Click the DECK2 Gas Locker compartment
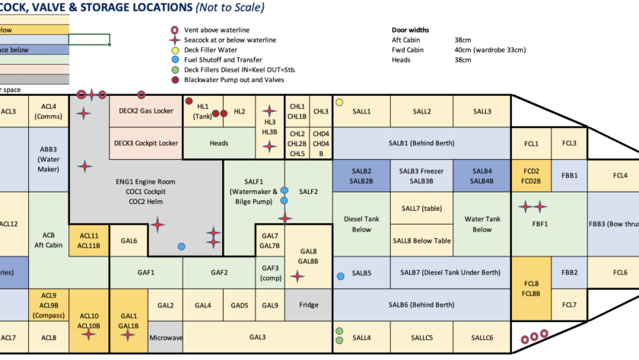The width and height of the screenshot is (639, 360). (147, 111)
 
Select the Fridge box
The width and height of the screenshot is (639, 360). (309, 305)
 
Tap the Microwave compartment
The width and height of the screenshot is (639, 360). (165, 337)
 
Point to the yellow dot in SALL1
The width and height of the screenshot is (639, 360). (339, 102)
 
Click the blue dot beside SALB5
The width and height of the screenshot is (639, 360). (341, 275)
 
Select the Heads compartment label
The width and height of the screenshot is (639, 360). (219, 142)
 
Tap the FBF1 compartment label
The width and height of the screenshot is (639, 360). (532, 224)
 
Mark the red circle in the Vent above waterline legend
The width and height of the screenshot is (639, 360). (175, 30)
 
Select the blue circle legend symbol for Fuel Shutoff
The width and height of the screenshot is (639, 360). (175, 59)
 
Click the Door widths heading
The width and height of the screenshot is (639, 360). (410, 30)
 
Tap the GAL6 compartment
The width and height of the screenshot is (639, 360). (129, 241)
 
